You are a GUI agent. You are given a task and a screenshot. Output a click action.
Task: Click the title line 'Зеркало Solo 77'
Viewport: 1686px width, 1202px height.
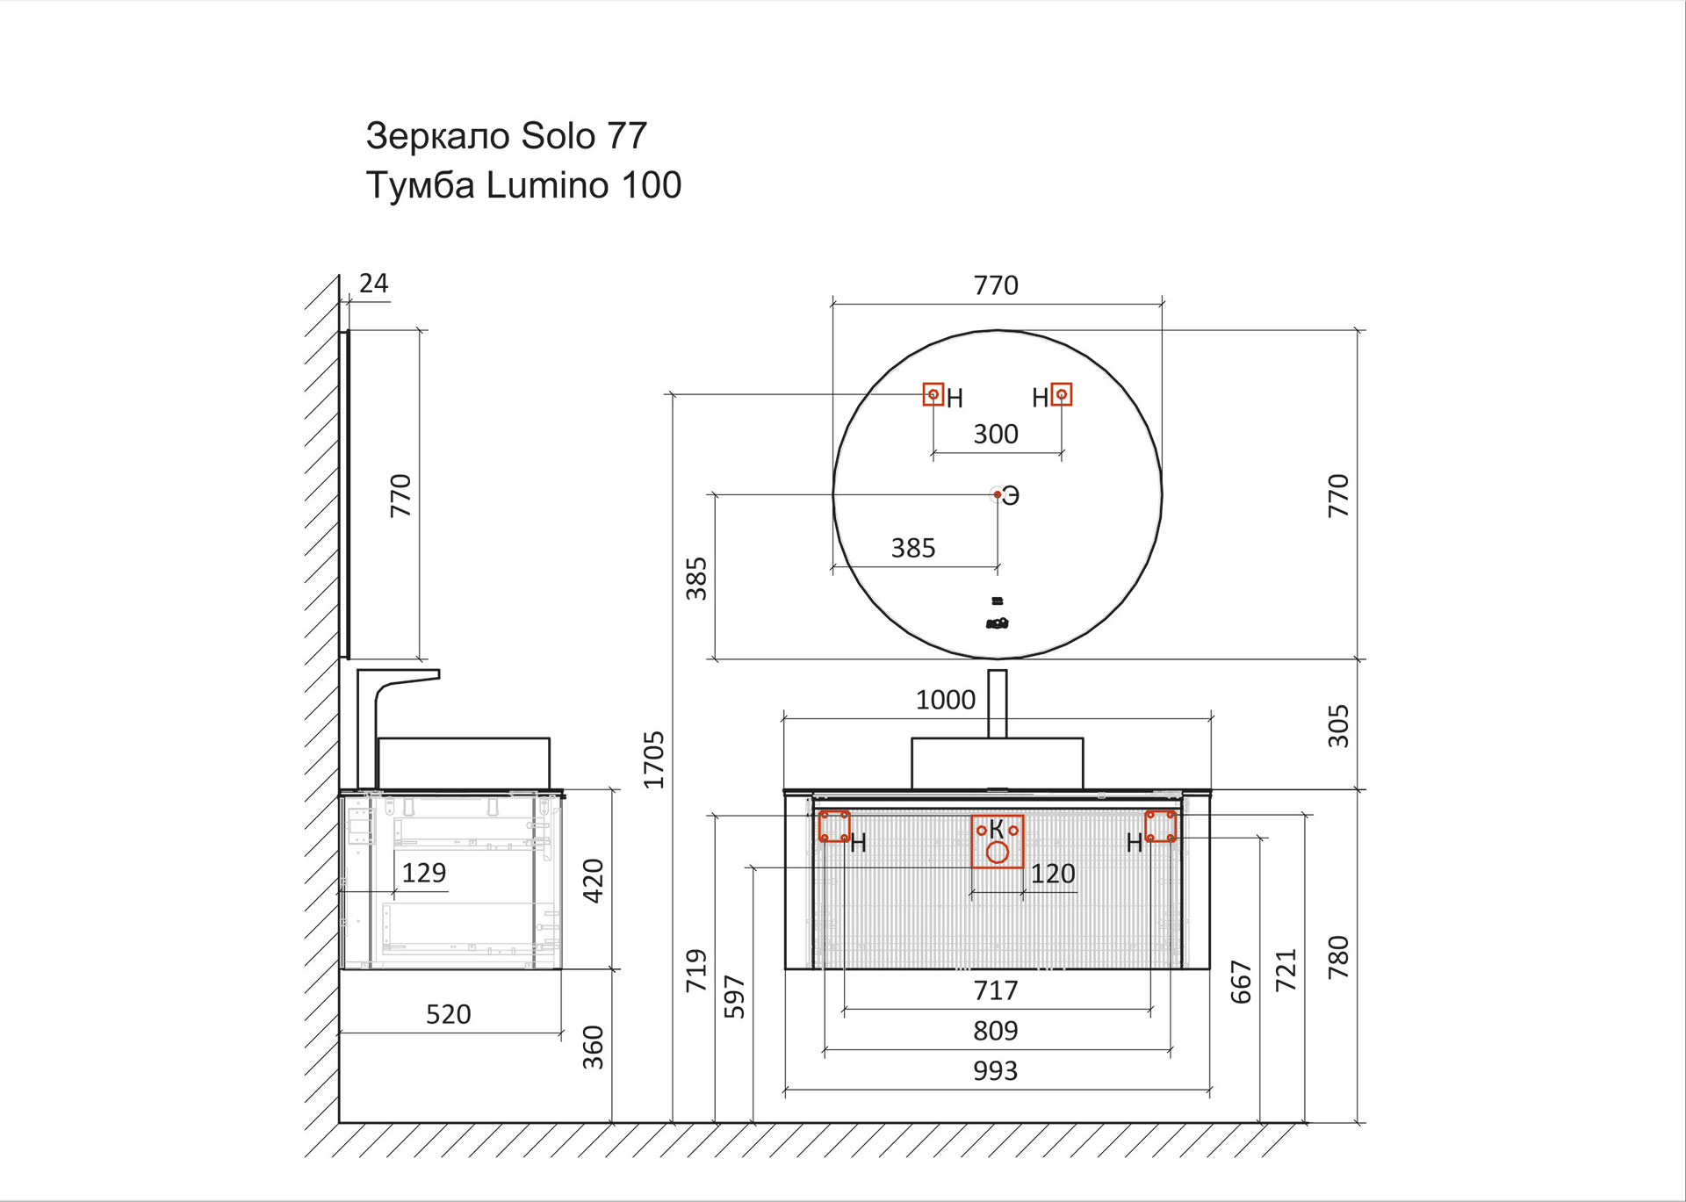(506, 136)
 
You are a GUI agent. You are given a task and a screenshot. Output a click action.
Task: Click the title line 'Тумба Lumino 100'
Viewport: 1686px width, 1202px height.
(523, 185)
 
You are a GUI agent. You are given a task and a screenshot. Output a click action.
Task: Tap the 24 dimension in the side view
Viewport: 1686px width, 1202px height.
(373, 283)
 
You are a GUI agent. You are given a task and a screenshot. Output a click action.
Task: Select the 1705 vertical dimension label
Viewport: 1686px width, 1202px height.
(654, 759)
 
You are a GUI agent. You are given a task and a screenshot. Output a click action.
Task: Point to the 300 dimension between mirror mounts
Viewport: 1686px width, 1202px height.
(996, 434)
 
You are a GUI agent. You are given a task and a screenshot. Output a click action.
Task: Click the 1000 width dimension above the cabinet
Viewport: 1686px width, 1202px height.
(945, 700)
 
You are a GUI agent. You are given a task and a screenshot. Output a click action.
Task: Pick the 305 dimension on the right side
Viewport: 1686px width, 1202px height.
(1337, 725)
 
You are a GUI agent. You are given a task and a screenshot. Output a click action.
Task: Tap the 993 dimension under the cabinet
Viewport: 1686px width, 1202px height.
(995, 1071)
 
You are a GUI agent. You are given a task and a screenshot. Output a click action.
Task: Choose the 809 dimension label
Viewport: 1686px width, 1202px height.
(995, 1031)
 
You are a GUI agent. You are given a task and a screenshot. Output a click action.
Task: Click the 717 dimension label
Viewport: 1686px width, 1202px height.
(995, 990)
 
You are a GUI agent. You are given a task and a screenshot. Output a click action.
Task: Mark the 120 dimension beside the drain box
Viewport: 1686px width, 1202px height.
(1052, 874)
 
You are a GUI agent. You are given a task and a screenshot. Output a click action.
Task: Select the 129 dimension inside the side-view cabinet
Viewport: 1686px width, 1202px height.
(423, 873)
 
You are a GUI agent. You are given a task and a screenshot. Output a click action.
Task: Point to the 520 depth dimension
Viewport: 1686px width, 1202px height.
(448, 1015)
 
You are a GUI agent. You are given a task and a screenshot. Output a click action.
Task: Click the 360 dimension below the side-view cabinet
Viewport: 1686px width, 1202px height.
(594, 1047)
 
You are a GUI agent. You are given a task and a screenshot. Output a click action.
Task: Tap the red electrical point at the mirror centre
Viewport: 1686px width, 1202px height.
(998, 495)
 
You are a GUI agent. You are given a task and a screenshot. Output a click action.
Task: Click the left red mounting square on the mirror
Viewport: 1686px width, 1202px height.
(933, 394)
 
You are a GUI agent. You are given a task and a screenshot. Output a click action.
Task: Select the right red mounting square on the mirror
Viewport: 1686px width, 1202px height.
(1062, 394)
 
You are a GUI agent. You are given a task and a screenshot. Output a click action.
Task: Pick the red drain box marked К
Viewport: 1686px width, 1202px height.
(998, 842)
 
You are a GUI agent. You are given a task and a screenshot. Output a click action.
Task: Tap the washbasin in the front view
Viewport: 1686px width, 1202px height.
(997, 763)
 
